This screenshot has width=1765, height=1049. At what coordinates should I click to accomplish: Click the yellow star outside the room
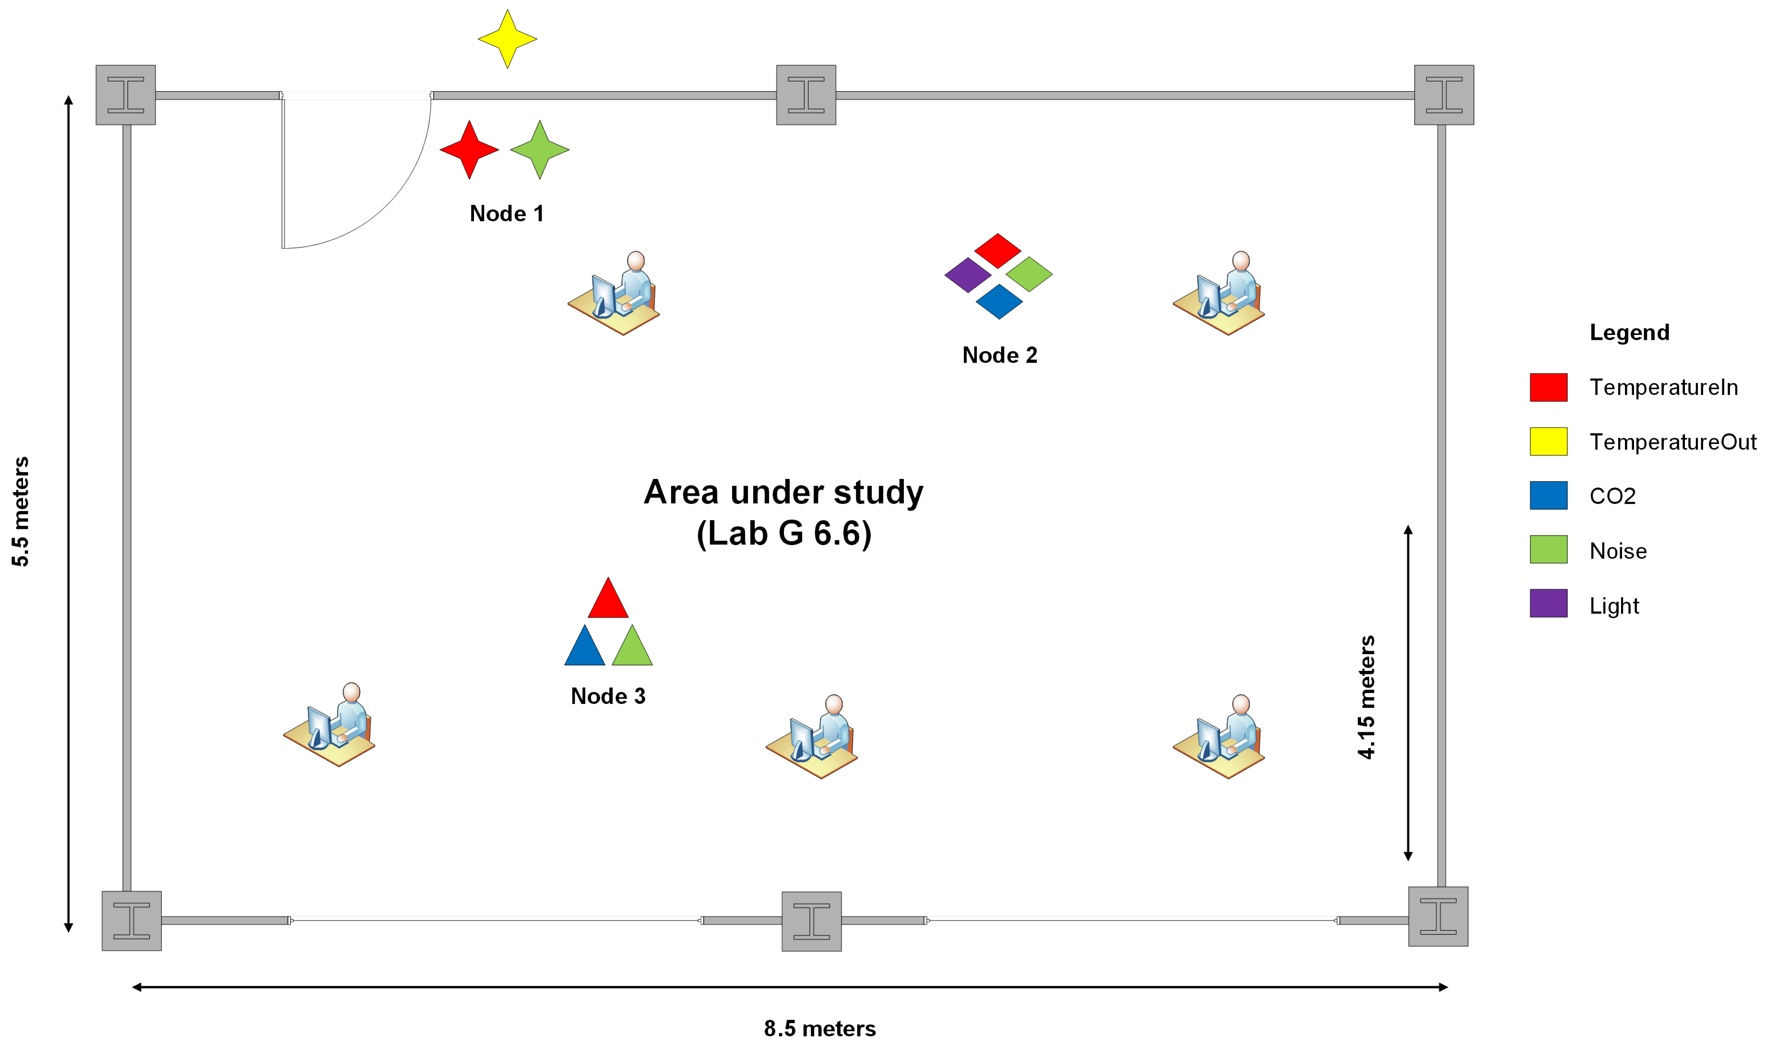507,39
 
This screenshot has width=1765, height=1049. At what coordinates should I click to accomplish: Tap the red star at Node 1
469,149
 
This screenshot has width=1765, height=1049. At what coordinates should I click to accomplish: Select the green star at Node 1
539,149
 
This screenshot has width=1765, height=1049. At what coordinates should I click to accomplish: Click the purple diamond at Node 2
967,275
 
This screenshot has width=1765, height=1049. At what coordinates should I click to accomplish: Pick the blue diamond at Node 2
998,302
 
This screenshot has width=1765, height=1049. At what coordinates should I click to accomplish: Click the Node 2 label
999,355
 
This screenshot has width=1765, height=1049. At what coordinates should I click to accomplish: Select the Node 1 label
507,214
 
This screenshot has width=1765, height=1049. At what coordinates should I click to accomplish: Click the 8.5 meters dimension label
819,1028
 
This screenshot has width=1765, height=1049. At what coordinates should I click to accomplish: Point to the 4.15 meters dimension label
1366,697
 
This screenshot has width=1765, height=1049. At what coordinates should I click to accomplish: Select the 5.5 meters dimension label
21,511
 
